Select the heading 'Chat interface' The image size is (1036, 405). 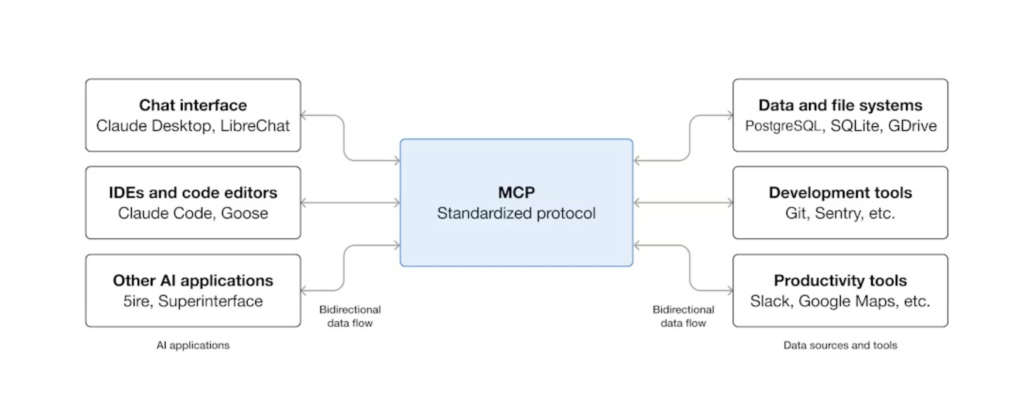point(193,105)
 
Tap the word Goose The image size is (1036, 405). point(245,213)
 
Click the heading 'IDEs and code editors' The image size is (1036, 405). point(193,193)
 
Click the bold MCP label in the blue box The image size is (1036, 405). point(516,193)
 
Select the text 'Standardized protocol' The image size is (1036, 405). point(516,213)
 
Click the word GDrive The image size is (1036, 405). point(912,126)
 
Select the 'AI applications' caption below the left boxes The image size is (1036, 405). point(193,345)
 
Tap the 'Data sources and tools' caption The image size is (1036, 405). point(840,345)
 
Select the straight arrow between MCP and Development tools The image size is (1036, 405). point(683,203)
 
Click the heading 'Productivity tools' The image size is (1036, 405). point(840,280)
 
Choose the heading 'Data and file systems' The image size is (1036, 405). point(840,105)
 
